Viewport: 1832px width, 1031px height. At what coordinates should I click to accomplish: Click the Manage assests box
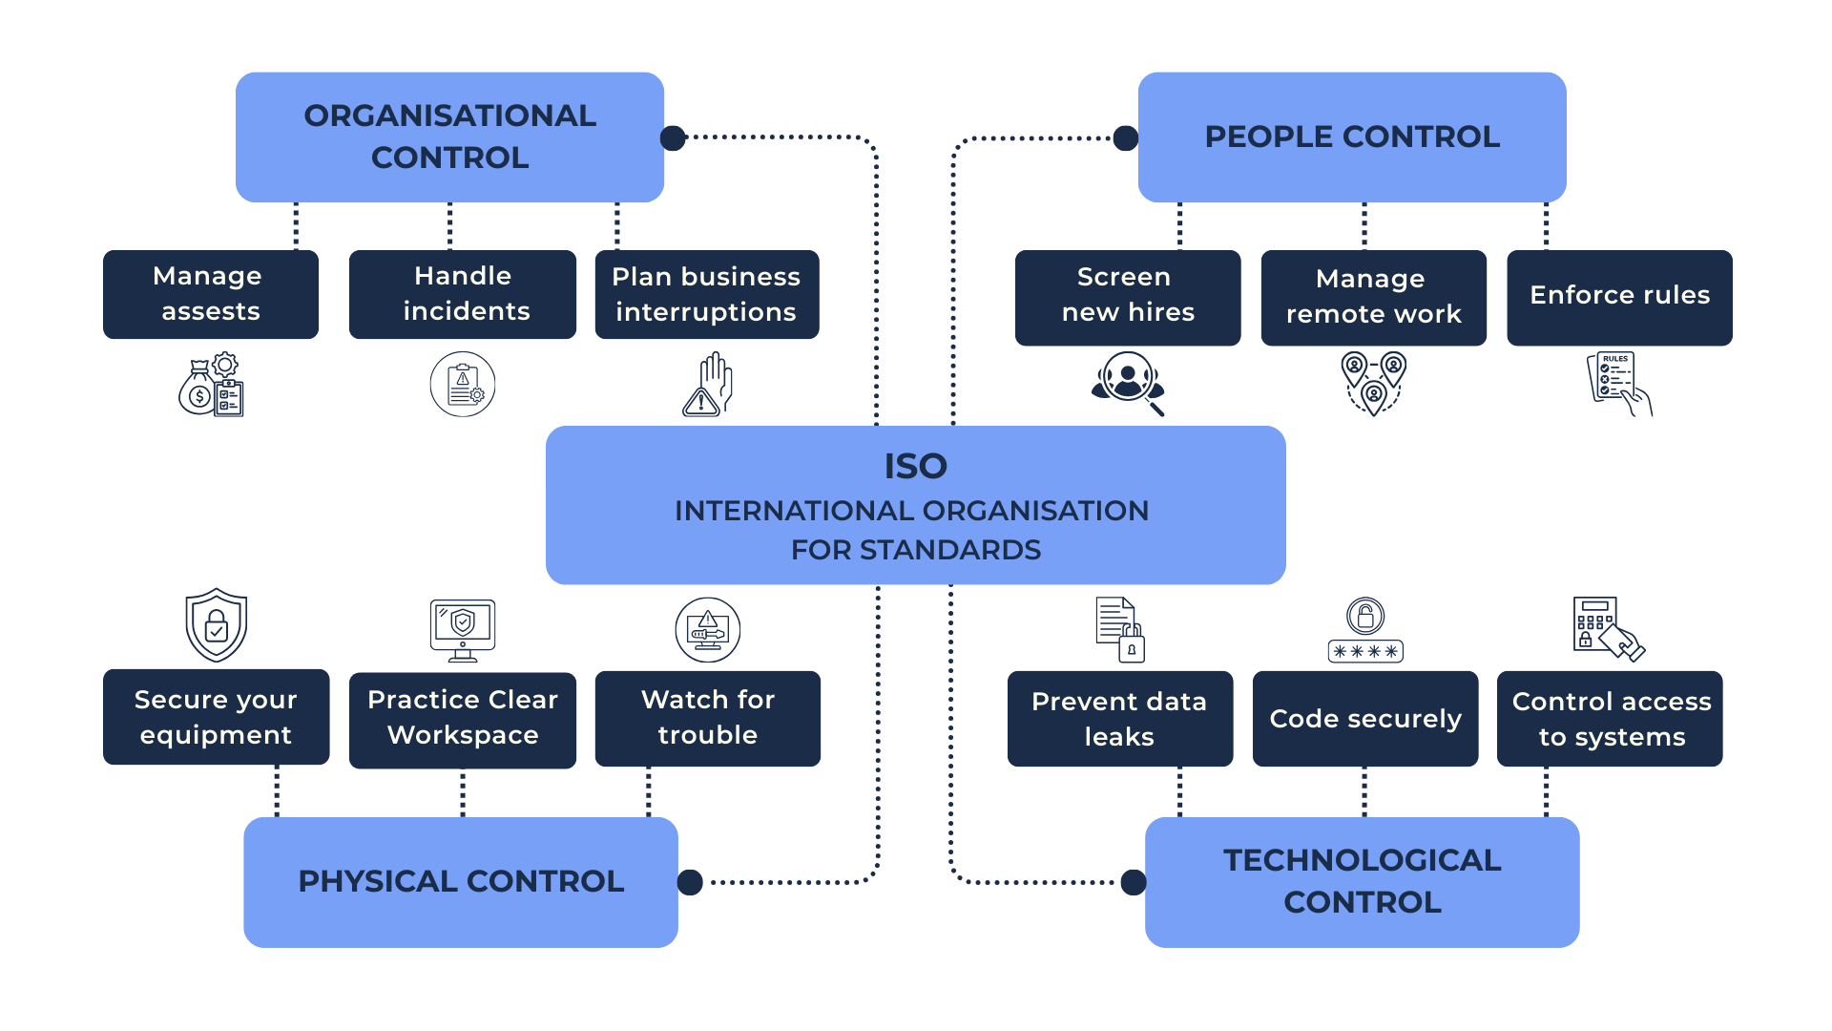pyautogui.click(x=211, y=294)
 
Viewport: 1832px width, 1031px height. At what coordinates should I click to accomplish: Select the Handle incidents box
pyautogui.click(x=463, y=294)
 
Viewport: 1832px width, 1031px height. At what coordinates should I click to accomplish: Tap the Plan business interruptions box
pyautogui.click(x=706, y=294)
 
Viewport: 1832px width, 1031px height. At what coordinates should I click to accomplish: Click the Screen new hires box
pyautogui.click(x=1128, y=297)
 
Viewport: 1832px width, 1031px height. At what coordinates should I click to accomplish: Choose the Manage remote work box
pyautogui.click(x=1373, y=297)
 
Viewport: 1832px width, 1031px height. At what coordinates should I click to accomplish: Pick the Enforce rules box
pyautogui.click(x=1619, y=297)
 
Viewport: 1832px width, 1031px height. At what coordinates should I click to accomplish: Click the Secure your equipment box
pyautogui.click(x=216, y=717)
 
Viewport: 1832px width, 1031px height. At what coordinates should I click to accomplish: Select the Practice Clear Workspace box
pyautogui.click(x=463, y=719)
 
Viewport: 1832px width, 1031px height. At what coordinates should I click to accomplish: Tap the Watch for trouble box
pyautogui.click(x=707, y=718)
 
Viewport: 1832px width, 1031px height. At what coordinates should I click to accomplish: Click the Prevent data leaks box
pyautogui.click(x=1119, y=719)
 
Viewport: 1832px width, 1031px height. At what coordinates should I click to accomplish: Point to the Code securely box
pyautogui.click(x=1365, y=719)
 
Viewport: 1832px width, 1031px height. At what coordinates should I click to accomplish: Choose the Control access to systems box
pyautogui.click(x=1611, y=719)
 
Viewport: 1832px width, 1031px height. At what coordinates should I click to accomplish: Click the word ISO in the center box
pyautogui.click(x=915, y=467)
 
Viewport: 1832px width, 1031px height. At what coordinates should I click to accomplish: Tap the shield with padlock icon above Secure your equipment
pyautogui.click(x=217, y=625)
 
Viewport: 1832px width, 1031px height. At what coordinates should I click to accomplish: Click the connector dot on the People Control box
pyautogui.click(x=1126, y=138)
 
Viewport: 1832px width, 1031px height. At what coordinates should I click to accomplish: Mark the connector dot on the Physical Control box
pyautogui.click(x=690, y=882)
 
